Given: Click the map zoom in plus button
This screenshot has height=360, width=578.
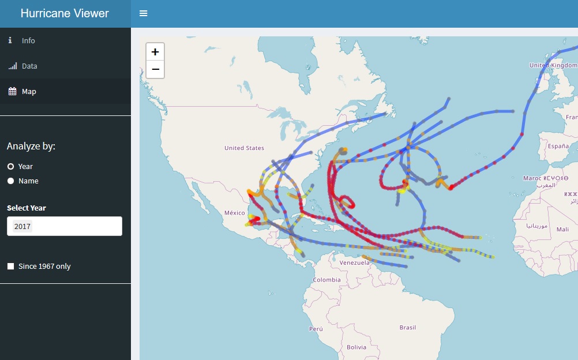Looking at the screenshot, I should pyautogui.click(x=155, y=51).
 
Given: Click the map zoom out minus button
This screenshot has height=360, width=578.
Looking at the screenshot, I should pyautogui.click(x=155, y=69).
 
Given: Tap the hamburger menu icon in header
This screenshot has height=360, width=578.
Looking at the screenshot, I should pyautogui.click(x=144, y=13).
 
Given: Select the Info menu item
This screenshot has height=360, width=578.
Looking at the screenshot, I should pyautogui.click(x=28, y=40).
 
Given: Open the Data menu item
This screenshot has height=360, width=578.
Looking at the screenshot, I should pyautogui.click(x=29, y=66).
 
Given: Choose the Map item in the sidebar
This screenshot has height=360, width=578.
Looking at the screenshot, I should pyautogui.click(x=29, y=91).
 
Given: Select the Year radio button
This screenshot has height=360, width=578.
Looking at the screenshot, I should pyautogui.click(x=10, y=166).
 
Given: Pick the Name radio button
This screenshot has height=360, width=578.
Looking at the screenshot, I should pyautogui.click(x=10, y=181).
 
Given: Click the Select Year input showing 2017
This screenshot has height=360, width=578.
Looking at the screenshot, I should pyautogui.click(x=65, y=226).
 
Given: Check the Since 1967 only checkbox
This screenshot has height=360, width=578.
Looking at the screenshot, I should pyautogui.click(x=10, y=267).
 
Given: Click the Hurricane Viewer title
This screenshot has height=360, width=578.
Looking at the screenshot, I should pyautogui.click(x=65, y=13).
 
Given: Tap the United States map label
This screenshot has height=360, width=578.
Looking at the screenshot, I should pyautogui.click(x=244, y=148).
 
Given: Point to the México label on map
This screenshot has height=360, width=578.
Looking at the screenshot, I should pyautogui.click(x=235, y=213).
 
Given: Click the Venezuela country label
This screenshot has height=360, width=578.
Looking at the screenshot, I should pyautogui.click(x=354, y=262).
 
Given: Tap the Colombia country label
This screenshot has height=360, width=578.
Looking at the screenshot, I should pyautogui.click(x=327, y=280).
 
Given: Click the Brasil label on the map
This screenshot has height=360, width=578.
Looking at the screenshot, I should pyautogui.click(x=407, y=328).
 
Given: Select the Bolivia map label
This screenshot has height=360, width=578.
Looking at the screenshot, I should pyautogui.click(x=356, y=347).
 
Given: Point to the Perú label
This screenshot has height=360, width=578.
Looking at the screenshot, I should pyautogui.click(x=316, y=329).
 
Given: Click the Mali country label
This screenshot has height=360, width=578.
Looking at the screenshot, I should pyautogui.click(x=562, y=229).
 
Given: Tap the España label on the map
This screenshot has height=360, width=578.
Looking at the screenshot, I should pyautogui.click(x=558, y=147).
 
